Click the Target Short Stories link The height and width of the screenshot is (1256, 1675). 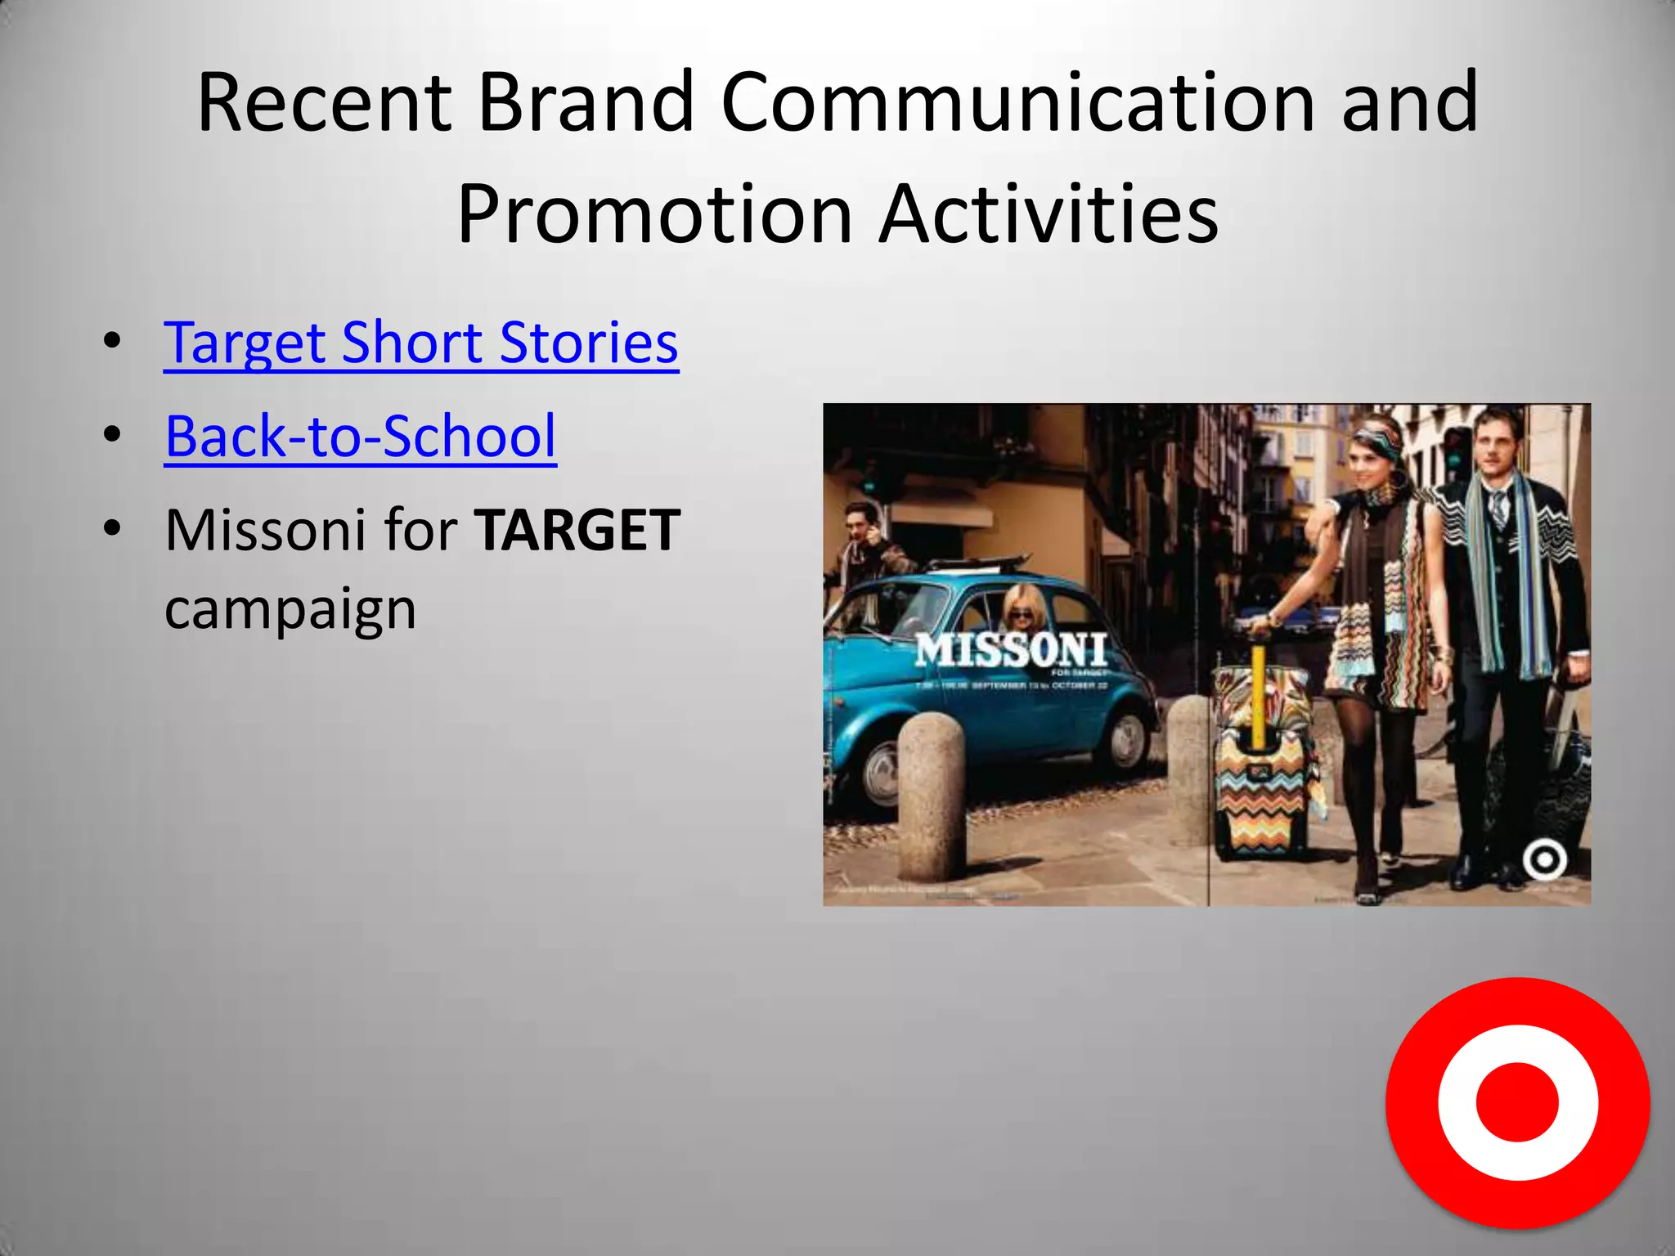420,343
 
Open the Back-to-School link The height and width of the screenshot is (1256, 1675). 360,437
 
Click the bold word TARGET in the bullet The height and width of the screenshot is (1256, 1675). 577,531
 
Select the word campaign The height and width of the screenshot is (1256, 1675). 290,609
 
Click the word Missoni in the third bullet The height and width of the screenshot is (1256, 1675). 265,531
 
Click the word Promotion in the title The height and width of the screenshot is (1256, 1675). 654,214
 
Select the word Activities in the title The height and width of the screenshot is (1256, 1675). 1049,214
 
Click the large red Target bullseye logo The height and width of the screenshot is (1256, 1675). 1517,1101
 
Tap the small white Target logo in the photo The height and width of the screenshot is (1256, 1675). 1544,859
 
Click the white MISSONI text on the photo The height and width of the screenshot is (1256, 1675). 1011,651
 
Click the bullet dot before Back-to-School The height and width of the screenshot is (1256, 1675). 112,436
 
